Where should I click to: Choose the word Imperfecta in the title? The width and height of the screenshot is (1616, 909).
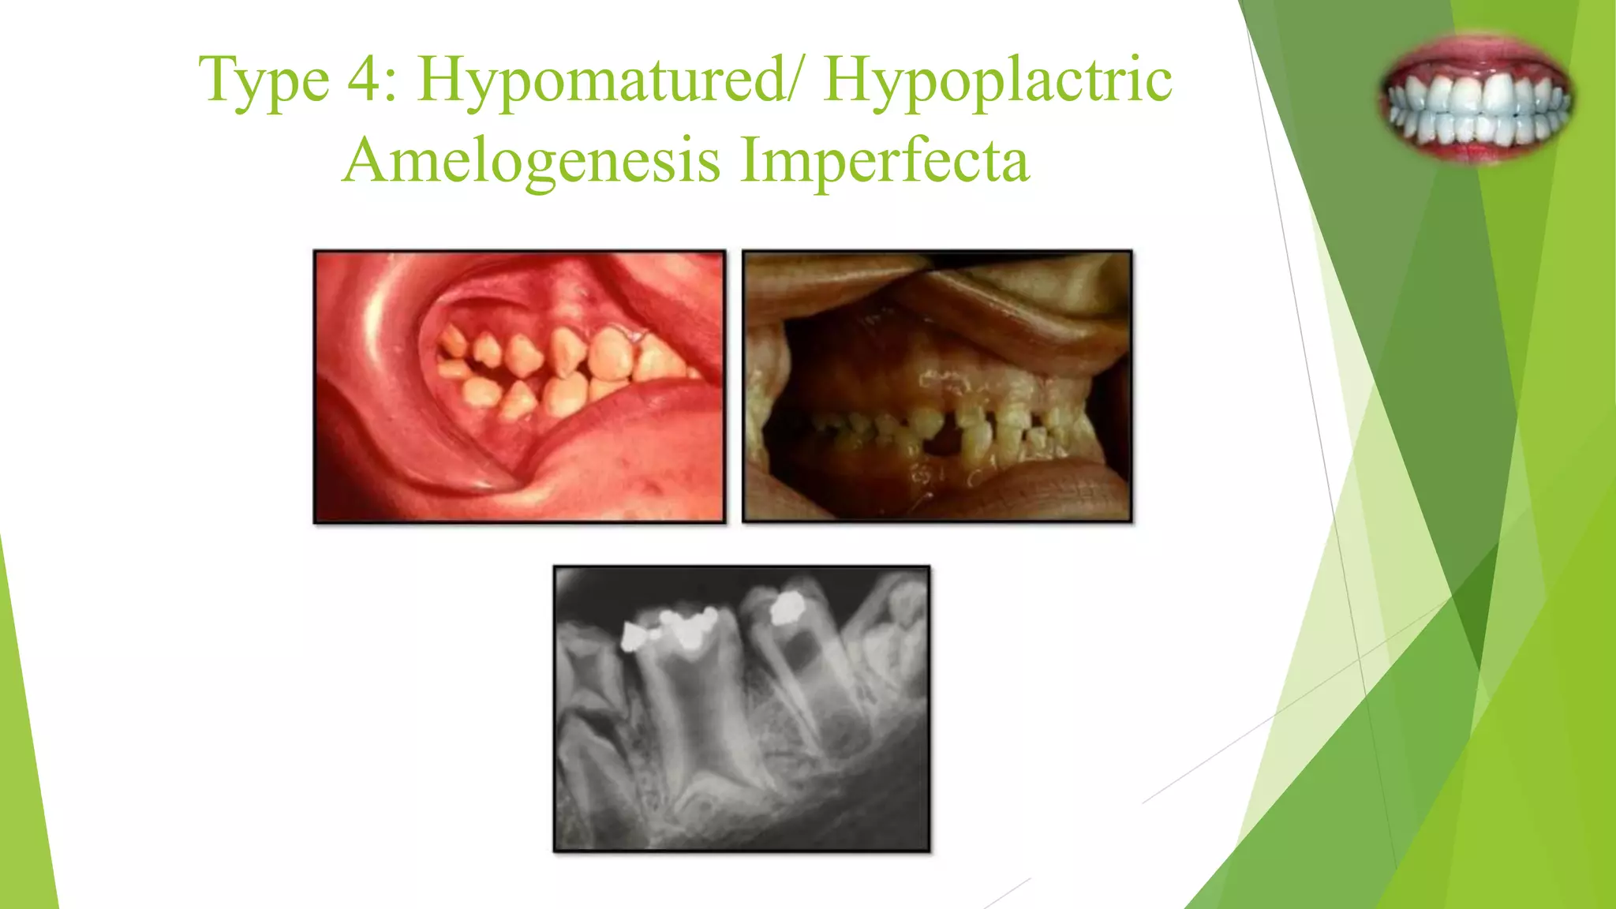pyautogui.click(x=885, y=160)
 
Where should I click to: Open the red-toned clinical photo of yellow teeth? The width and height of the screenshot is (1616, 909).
pyautogui.click(x=519, y=387)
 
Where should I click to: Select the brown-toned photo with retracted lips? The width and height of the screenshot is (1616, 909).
pyautogui.click(x=937, y=387)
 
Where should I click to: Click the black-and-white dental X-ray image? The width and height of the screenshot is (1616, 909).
pyautogui.click(x=742, y=709)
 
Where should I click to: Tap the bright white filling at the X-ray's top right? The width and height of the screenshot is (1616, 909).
pyautogui.click(x=786, y=608)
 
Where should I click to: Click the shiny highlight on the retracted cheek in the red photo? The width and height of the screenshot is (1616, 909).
pyautogui.click(x=371, y=316)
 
